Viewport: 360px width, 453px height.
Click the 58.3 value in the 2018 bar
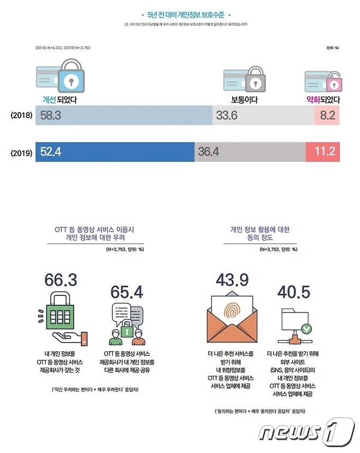[50, 115]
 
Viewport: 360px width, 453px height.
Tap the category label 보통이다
[244, 100]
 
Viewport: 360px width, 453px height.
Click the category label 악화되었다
[323, 100]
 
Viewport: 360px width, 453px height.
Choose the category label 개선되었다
[61, 100]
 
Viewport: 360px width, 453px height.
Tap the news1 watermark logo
[306, 432]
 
